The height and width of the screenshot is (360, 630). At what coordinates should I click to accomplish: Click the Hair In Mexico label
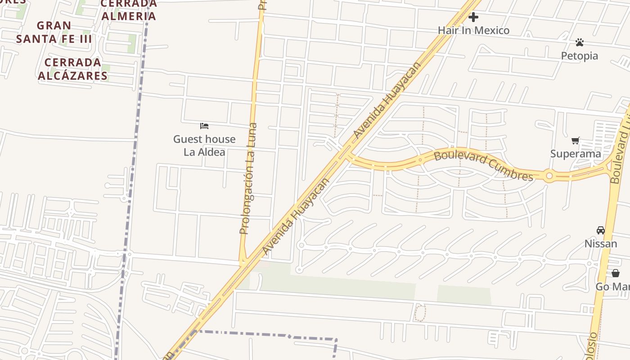pos(473,31)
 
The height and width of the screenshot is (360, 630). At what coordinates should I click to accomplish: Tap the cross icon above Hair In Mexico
pos(473,18)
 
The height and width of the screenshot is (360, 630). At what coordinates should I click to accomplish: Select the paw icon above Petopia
pos(580,42)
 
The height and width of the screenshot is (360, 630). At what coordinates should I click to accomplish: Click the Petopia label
pos(579,56)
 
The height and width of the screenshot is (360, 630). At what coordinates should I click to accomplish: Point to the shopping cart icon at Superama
pos(576,141)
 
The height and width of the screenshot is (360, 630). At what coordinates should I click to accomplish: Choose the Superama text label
pos(576,154)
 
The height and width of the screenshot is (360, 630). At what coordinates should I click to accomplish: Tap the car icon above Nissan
pos(601,230)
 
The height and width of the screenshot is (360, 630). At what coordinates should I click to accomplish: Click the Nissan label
pos(601,244)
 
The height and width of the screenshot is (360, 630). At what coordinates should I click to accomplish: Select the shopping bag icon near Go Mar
pos(616,273)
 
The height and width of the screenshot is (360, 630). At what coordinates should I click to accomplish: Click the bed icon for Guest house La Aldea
pos(204,126)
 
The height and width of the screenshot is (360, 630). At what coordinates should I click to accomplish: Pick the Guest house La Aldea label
pos(204,145)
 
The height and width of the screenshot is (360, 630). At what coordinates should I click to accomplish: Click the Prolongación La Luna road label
pos(248,179)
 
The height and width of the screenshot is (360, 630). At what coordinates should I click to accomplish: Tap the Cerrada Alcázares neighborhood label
pos(73,69)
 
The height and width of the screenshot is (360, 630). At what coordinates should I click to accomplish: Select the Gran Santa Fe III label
pos(54,32)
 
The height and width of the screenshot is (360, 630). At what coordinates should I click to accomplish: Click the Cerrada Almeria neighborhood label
pos(129,10)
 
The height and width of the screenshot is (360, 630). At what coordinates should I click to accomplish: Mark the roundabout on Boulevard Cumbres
pos(549,175)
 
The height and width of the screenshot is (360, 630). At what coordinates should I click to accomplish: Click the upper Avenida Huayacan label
pos(387,100)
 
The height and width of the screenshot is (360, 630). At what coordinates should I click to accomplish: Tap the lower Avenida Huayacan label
pos(295,217)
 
